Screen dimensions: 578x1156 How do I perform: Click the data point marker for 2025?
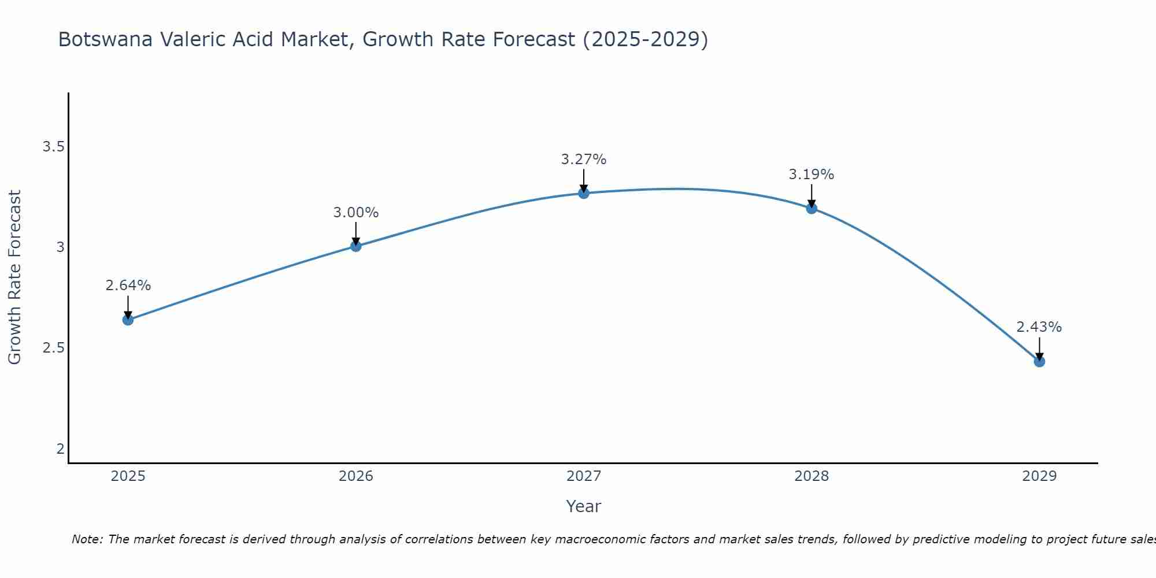pos(128,320)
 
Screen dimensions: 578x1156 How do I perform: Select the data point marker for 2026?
pos(355,246)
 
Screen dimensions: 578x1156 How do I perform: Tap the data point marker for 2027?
pos(584,193)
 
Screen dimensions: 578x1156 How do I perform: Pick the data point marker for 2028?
pos(812,208)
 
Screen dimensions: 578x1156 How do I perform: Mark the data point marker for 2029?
pos(1039,361)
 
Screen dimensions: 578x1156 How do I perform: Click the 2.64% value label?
pos(128,286)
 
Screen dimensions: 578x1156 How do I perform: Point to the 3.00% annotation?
pos(355,213)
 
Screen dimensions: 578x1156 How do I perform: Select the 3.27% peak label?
pos(584,160)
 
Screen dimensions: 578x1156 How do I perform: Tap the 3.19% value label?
pos(812,175)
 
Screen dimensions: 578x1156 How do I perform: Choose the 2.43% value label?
pos(1039,327)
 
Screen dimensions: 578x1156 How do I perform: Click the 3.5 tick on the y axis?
pos(53,147)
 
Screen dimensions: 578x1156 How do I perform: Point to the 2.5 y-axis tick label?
pos(53,348)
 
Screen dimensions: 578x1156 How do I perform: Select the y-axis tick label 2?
pos(60,449)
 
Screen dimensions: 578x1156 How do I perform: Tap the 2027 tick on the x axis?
pos(584,476)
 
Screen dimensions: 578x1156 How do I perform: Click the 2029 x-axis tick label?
pos(1039,476)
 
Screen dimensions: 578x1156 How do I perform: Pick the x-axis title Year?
pos(584,506)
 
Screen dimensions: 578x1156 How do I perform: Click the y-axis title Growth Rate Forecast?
pos(14,277)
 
